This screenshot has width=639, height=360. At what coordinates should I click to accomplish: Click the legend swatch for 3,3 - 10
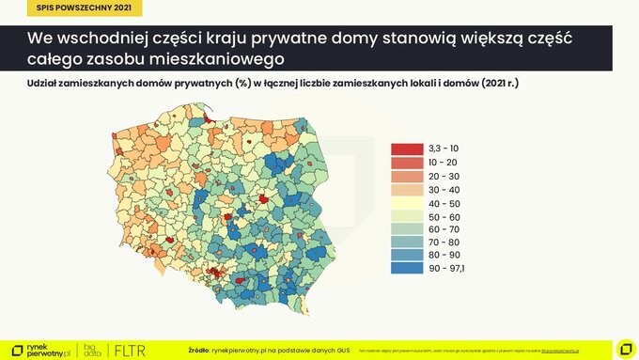pyautogui.click(x=407, y=149)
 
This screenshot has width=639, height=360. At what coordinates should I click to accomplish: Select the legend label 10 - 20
pyautogui.click(x=444, y=163)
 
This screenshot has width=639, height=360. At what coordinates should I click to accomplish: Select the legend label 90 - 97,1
pyautogui.click(x=446, y=269)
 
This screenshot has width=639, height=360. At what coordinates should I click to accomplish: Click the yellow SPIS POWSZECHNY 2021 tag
pyautogui.click(x=71, y=9)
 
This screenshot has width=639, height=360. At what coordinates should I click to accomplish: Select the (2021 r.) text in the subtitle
pyautogui.click(x=498, y=85)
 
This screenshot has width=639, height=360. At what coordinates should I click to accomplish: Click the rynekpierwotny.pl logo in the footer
pyautogui.click(x=39, y=350)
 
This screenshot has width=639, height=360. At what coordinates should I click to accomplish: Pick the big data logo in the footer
pyautogui.click(x=91, y=350)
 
